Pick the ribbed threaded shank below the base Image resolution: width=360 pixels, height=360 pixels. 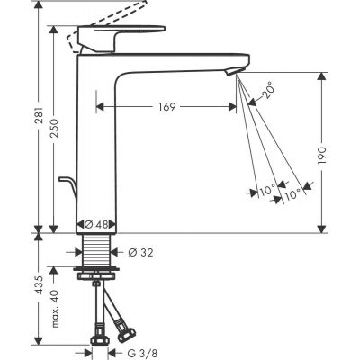click(95, 251)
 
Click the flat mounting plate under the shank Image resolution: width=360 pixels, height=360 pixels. click(95, 269)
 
